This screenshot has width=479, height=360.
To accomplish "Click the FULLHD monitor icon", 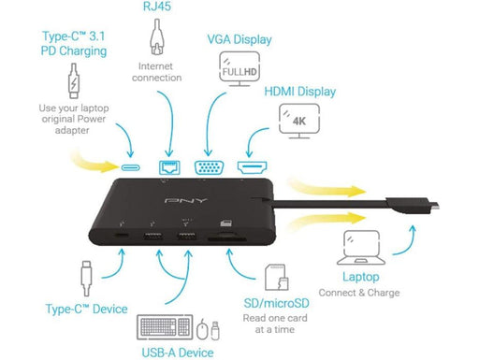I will (x=239, y=70).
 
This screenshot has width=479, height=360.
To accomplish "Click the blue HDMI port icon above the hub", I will (x=252, y=166).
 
